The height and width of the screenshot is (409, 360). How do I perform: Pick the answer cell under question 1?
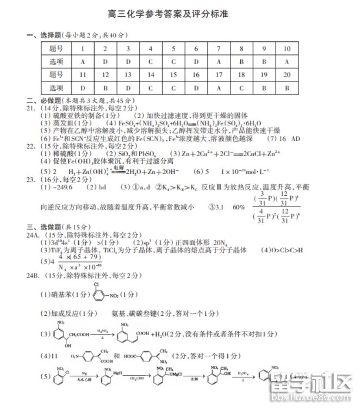[x=82, y=61]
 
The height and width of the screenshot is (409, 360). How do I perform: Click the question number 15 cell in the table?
[x=173, y=74]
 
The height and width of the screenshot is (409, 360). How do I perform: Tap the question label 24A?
[x=34, y=234]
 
